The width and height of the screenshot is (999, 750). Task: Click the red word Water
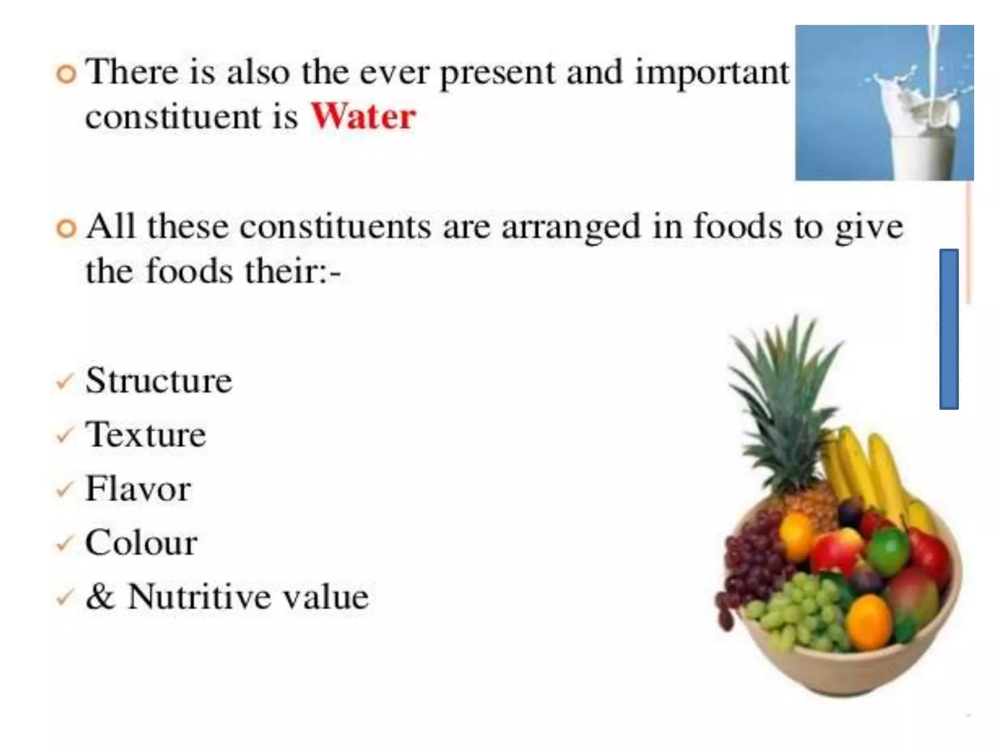coord(363,117)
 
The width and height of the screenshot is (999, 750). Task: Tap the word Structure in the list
coord(159,380)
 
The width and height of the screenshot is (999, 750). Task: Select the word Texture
coord(145,435)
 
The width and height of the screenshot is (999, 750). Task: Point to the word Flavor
coord(138,489)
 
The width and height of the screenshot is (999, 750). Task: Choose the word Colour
coord(141,542)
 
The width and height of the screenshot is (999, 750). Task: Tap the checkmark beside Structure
coord(64,381)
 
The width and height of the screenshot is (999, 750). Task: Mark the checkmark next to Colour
coord(64,543)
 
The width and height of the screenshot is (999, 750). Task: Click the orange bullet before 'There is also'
coord(66,75)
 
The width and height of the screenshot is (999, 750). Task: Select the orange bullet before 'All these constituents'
coord(66,229)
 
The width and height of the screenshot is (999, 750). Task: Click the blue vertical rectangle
coord(949,329)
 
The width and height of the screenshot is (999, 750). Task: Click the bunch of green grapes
coord(800,610)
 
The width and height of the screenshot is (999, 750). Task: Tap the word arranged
coord(571,228)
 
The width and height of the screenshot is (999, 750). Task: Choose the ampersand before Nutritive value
coord(100,596)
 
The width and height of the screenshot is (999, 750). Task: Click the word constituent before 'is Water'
coord(173,118)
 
